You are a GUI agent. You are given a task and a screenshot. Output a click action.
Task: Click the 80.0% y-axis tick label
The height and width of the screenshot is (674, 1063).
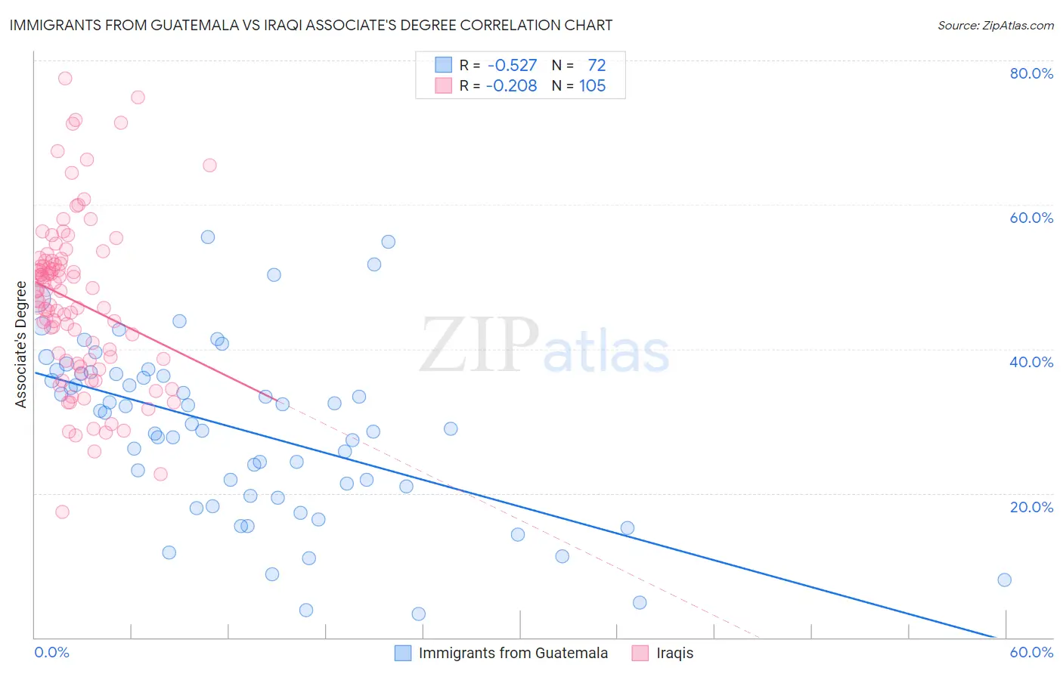click(x=1031, y=73)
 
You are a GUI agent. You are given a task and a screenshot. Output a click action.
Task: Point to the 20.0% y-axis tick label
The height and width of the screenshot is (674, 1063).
click(x=1031, y=506)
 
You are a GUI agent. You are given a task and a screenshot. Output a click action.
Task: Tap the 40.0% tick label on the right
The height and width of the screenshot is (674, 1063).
click(x=1031, y=362)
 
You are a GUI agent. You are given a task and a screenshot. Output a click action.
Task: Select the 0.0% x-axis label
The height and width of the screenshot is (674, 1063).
click(x=51, y=652)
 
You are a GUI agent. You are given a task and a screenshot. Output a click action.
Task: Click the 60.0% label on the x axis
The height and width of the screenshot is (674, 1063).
click(x=1031, y=652)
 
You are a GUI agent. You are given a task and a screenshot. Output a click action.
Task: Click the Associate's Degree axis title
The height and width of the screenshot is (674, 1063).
click(x=21, y=345)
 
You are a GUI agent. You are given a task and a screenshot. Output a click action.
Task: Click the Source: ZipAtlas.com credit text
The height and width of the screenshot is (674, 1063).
click(x=995, y=25)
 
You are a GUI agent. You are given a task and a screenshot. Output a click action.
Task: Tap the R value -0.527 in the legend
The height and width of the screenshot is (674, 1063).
click(x=512, y=65)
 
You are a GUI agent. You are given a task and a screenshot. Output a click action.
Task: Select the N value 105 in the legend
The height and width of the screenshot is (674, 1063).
click(x=592, y=85)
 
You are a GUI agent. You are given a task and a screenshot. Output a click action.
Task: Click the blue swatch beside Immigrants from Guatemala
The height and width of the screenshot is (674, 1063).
click(x=403, y=653)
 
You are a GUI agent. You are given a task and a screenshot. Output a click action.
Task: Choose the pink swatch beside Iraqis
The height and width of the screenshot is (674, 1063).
click(x=640, y=653)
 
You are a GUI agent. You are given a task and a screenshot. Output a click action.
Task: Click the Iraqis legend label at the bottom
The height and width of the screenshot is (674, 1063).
click(x=674, y=653)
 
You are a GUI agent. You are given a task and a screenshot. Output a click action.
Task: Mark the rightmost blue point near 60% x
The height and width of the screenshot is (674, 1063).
click(x=1004, y=580)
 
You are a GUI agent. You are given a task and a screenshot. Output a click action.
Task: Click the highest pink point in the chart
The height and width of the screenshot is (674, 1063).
click(x=65, y=78)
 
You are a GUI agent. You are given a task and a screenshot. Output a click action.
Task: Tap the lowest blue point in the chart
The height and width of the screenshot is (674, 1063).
click(x=418, y=614)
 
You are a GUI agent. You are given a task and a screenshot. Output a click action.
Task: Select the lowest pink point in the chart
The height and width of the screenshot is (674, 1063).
click(x=62, y=512)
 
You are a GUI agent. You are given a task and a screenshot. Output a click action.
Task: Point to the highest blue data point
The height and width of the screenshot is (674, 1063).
click(x=208, y=237)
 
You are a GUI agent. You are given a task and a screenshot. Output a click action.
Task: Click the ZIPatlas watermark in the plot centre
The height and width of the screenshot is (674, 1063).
click(x=544, y=346)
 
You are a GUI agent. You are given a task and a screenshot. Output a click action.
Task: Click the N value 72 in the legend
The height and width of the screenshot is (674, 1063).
click(x=597, y=65)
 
